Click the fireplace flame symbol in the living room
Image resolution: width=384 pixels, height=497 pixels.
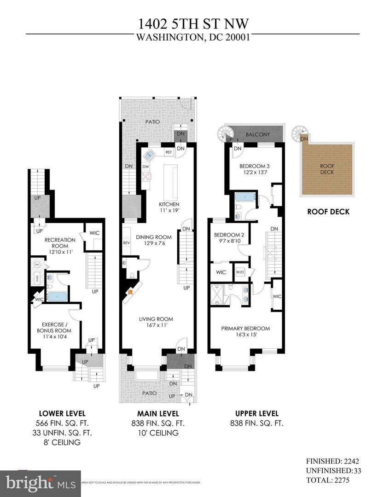point(130,291)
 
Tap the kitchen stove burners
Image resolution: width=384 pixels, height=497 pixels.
point(146,176)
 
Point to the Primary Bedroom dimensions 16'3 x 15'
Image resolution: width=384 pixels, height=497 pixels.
point(245,335)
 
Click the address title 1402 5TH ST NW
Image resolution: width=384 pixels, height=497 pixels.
point(192,24)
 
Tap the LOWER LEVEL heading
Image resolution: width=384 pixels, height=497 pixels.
point(62,413)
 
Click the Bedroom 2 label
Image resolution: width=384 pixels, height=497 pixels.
point(228,235)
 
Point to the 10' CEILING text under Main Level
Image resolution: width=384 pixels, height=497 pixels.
point(158,433)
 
